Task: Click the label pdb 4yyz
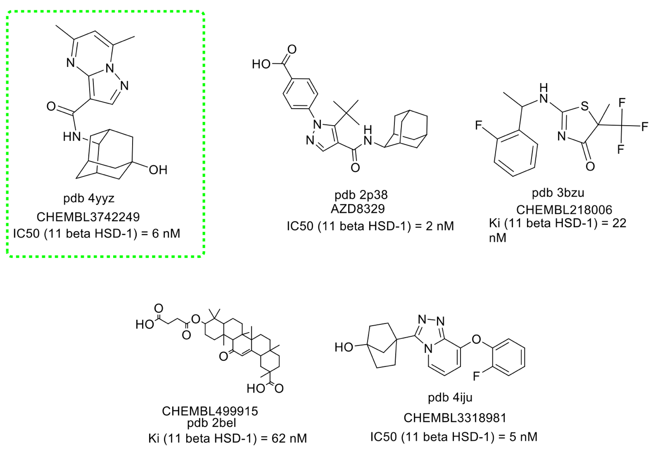[89, 199]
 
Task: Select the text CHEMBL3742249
[88, 216]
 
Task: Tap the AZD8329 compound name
[357, 209]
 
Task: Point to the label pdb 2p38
[361, 195]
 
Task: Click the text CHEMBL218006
[564, 210]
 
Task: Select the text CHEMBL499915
[210, 411]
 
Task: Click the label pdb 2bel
[212, 422]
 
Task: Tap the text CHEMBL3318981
[455, 418]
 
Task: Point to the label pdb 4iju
[450, 397]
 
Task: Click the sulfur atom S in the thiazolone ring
[585, 107]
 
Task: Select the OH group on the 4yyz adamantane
[157, 170]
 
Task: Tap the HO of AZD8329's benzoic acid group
[261, 64]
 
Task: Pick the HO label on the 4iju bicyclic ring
[344, 347]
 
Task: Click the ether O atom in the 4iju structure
[477, 340]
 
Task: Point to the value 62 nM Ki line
[227, 438]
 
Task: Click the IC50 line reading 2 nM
[370, 226]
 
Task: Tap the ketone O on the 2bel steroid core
[224, 356]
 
